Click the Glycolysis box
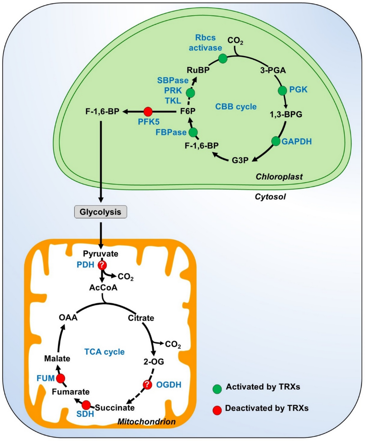tap(100, 212)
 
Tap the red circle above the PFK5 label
tap(148, 112)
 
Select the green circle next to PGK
tap(282, 90)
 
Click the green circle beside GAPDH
tap(276, 141)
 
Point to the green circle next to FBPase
tap(193, 132)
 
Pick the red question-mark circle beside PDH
tap(102, 265)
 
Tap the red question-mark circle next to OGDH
tap(147, 384)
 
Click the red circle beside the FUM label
tap(61, 378)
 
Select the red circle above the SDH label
tap(86, 405)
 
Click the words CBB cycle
tap(236, 107)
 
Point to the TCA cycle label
tap(104, 352)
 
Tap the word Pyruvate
tap(101, 253)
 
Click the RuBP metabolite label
tap(198, 70)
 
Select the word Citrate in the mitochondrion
tap(141, 318)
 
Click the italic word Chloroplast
tap(279, 176)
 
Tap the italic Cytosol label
tap(270, 196)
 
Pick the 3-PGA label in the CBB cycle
tap(273, 70)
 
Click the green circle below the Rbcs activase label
tap(223, 58)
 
